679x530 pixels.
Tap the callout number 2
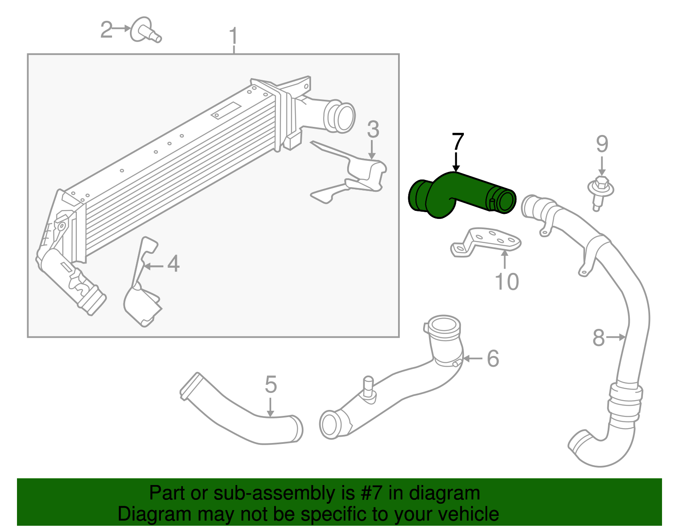pos(107,29)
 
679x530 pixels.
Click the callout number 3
pos(373,129)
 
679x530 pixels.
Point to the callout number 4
pos(173,264)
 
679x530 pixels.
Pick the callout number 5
pos(271,384)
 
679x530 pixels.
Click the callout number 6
pos(492,359)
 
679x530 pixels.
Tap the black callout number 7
pos(457,142)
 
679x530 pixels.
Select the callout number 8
pos(598,338)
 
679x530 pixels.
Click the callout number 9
pos(602,144)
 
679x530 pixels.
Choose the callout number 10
pos(507,282)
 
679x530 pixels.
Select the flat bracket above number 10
pos(488,242)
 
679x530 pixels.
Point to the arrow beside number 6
pos(472,359)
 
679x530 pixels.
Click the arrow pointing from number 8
pos(616,337)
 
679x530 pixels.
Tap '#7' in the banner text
pos(372,493)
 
